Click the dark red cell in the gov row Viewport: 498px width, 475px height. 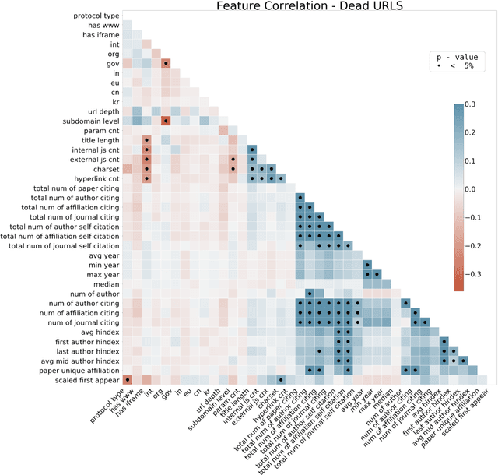(x=167, y=64)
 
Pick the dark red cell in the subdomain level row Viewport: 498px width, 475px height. (x=167, y=121)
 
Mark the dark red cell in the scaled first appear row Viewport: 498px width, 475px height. (x=128, y=379)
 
